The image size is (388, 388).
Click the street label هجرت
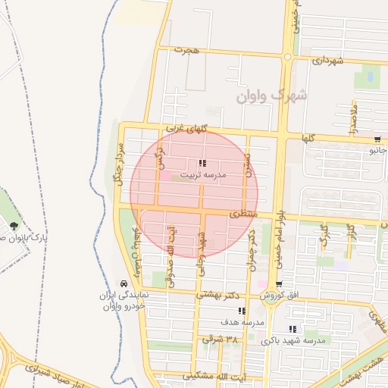[x=185, y=50]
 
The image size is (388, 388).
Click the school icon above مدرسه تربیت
[x=202, y=163]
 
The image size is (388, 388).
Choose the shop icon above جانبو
[x=377, y=139]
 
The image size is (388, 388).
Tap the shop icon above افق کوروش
[x=279, y=284]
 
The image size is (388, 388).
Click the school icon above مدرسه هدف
[x=241, y=311]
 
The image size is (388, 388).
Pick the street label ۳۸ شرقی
[x=221, y=339]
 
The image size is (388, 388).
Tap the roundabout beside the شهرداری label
[x=287, y=56]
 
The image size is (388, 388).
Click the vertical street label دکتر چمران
[x=252, y=248]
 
